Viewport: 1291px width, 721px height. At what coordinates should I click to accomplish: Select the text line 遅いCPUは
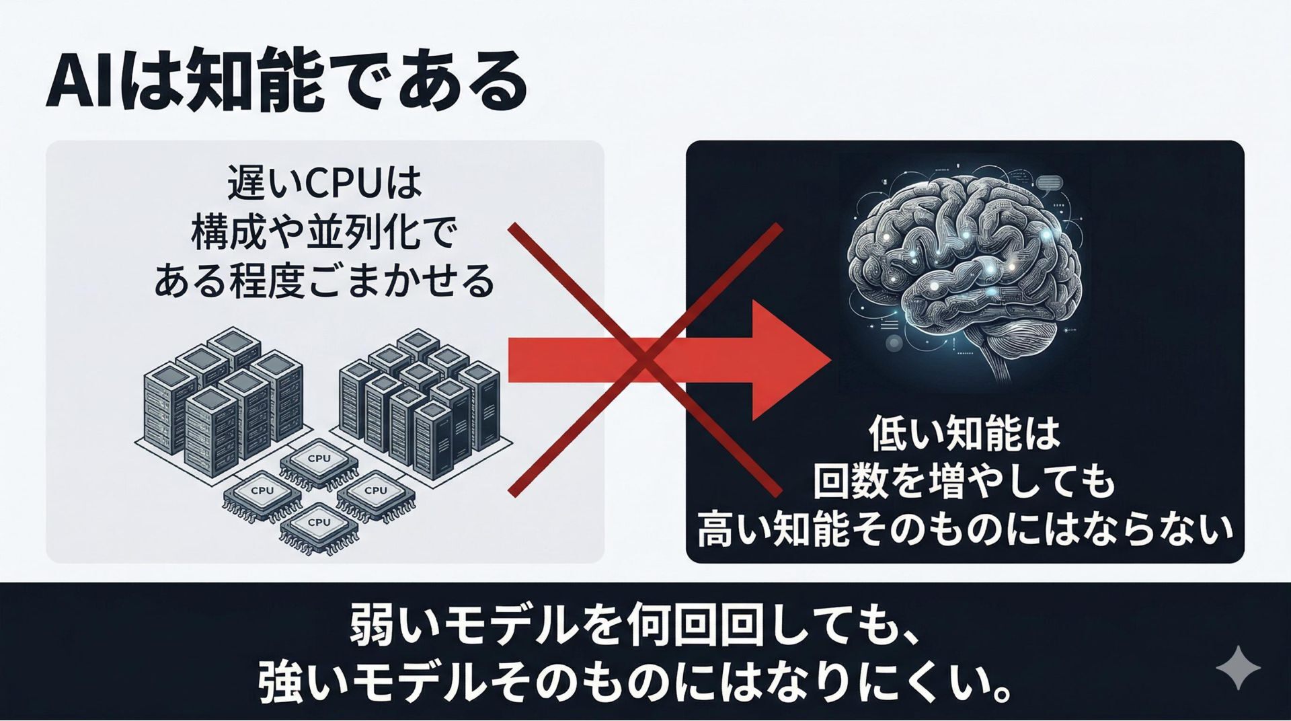click(324, 184)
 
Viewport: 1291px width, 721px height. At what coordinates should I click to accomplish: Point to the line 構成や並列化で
click(324, 234)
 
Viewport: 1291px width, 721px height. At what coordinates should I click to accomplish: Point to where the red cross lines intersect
click(644, 360)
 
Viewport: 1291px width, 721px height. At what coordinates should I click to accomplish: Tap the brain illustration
click(965, 276)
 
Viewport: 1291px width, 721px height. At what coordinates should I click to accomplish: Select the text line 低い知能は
click(965, 434)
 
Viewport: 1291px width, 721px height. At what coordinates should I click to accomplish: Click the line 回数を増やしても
click(965, 482)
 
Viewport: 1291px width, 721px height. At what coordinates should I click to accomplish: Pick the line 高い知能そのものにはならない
click(965, 530)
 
